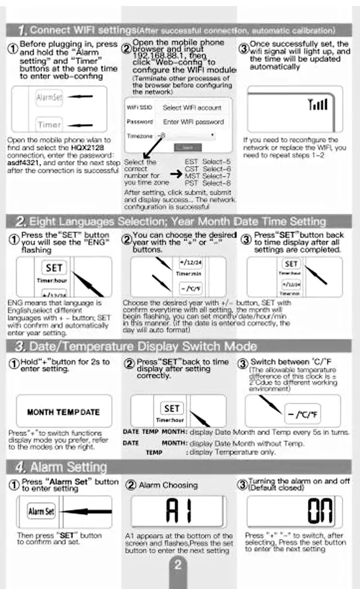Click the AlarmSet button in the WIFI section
[x=49, y=97]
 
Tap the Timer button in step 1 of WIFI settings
[x=49, y=124]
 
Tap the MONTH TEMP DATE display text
[x=64, y=412]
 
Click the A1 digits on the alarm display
[x=178, y=510]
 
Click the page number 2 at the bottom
[x=178, y=565]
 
